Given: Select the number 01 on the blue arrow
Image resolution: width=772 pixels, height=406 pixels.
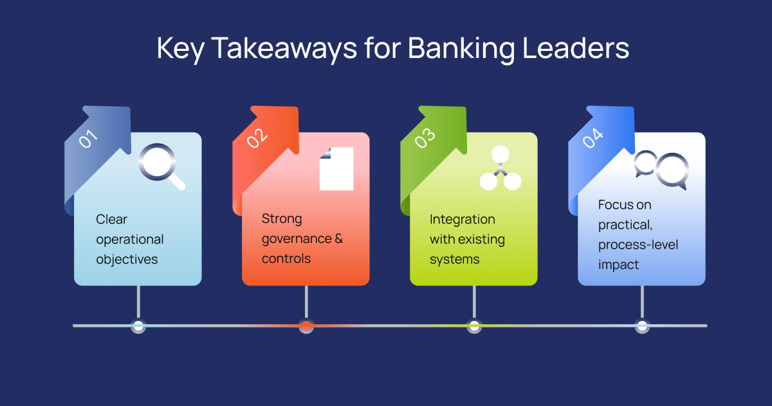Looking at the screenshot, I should pyautogui.click(x=88, y=139).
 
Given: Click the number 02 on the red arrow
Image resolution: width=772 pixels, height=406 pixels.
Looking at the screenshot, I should pyautogui.click(x=256, y=139).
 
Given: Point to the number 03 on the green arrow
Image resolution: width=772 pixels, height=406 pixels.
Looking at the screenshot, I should pyautogui.click(x=424, y=139).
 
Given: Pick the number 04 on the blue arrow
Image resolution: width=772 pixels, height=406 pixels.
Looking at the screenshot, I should pyautogui.click(x=593, y=139).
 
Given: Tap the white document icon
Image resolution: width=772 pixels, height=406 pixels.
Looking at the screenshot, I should pyautogui.click(x=336, y=168).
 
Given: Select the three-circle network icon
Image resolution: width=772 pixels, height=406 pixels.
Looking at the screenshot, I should pyautogui.click(x=500, y=169).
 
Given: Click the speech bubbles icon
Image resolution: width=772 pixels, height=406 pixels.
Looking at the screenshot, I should pyautogui.click(x=660, y=168).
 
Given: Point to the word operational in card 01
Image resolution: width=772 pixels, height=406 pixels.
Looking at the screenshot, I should pyautogui.click(x=130, y=239).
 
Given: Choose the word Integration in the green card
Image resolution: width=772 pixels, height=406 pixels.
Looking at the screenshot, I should pyautogui.click(x=462, y=219).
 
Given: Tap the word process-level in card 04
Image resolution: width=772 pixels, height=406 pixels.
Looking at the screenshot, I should pyautogui.click(x=638, y=245).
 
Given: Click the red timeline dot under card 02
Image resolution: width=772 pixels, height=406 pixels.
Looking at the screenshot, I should pyautogui.click(x=306, y=326).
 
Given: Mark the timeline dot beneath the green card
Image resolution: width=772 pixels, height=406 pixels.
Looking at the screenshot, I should pyautogui.click(x=474, y=326).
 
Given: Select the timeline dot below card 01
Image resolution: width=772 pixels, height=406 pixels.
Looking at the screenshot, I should pyautogui.click(x=138, y=326).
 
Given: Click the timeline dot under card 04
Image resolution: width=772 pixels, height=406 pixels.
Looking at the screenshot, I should pyautogui.click(x=642, y=326).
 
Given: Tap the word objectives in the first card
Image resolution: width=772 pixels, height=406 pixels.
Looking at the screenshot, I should pyautogui.click(x=127, y=259).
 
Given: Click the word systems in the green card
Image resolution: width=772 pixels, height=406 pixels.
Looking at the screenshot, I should pyautogui.click(x=455, y=259).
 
